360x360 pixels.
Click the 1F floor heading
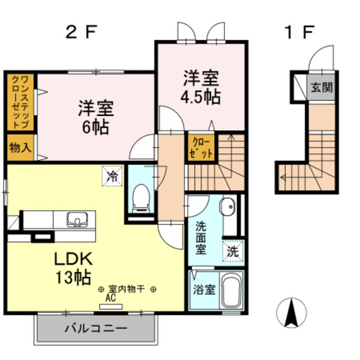coord(298,31)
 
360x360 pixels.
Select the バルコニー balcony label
coord(95,328)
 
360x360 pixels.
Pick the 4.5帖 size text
coord(201,96)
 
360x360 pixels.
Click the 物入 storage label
coord(20,148)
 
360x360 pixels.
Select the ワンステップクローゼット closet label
coord(19,101)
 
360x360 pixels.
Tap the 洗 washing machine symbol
coord(232,251)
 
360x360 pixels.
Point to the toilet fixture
coord(140,197)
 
